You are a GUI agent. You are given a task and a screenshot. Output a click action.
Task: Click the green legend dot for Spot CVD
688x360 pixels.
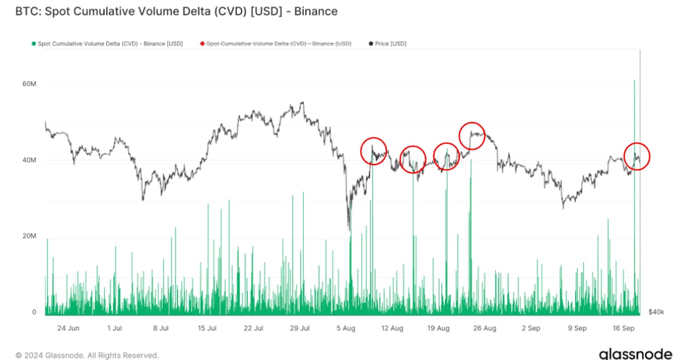coord(34,44)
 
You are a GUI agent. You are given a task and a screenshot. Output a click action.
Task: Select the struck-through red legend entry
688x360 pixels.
coord(279,44)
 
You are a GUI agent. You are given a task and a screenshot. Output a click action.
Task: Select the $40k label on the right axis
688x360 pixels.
coord(656,312)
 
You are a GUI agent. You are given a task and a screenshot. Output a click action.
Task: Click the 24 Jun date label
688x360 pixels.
coord(68,328)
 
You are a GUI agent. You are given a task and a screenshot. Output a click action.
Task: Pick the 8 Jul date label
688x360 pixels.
coord(161,328)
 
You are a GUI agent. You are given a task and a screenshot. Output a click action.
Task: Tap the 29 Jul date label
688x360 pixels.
coord(300,328)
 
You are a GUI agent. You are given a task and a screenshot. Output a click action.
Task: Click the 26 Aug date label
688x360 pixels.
coord(485,328)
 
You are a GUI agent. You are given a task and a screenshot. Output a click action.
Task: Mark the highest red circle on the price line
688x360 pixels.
coord(472,136)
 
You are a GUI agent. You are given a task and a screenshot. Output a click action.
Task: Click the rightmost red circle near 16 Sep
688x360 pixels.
coord(635,155)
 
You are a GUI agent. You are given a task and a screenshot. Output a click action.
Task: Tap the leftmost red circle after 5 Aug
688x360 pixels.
coord(374,151)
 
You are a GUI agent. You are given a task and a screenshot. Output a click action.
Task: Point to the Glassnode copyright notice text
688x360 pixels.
coord(87,355)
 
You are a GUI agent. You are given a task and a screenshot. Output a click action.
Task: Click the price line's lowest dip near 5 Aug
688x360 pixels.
coord(349,228)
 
